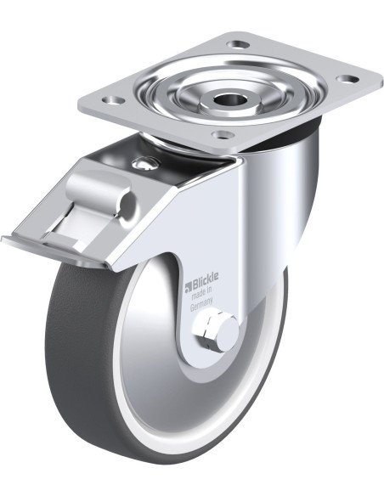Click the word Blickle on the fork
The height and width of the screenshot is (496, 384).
[x=206, y=280]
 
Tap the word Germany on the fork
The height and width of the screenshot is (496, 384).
[x=201, y=306]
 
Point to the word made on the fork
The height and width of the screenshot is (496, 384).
[x=198, y=295]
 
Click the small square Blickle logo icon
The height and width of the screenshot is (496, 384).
[x=188, y=287]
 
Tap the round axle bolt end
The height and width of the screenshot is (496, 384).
[x=227, y=334]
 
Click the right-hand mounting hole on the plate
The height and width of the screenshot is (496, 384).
[x=347, y=78]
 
